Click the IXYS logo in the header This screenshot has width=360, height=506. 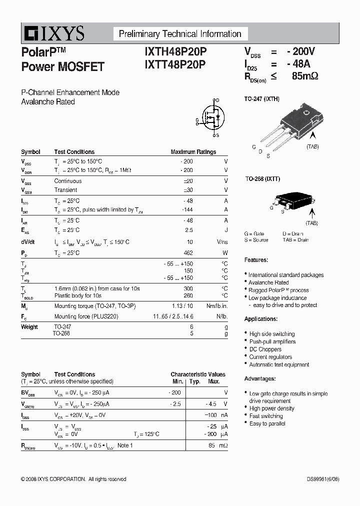click(x=53, y=33)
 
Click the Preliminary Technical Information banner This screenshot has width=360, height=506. click(x=180, y=34)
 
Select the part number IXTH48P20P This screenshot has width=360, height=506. click(x=174, y=52)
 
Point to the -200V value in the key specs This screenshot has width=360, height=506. click(x=301, y=51)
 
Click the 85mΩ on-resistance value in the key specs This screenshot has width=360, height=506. click(x=304, y=76)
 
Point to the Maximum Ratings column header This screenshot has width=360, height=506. click(x=193, y=152)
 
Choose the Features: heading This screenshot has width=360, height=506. click(x=256, y=260)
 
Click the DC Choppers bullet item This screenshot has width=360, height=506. click(x=265, y=349)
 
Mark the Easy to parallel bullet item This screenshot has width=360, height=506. click(x=267, y=423)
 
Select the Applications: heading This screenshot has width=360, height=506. click(x=260, y=319)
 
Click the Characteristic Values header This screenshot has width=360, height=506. click(x=198, y=374)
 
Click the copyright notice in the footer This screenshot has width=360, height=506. click(x=73, y=479)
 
